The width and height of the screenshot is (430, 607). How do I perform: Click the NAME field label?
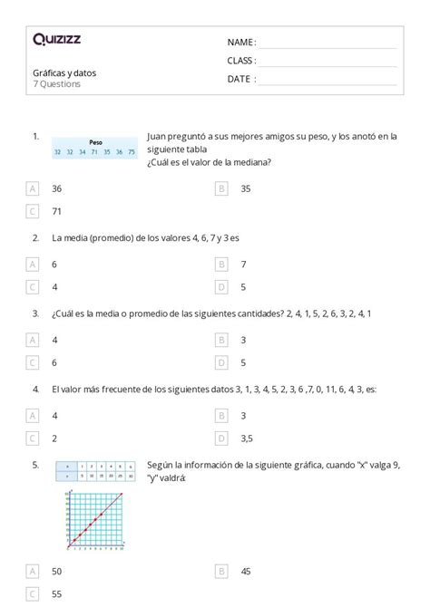[241, 43]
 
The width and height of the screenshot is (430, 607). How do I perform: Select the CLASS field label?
[242, 61]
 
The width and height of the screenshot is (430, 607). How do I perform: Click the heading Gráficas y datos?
[64, 72]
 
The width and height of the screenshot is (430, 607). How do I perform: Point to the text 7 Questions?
[55, 84]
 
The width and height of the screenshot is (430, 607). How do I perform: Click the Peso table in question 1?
[95, 148]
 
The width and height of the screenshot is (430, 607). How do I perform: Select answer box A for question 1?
[34, 189]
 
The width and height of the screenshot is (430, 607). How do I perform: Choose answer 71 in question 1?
[56, 212]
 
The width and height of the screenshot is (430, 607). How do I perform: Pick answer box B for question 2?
[221, 265]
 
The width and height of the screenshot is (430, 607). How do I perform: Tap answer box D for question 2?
[221, 287]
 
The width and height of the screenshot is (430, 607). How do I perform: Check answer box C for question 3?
[34, 362]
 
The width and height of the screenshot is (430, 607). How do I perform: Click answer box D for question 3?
[221, 362]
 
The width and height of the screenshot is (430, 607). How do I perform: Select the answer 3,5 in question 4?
[248, 438]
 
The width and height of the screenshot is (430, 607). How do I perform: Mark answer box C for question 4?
[34, 438]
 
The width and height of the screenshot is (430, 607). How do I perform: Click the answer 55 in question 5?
[56, 593]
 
